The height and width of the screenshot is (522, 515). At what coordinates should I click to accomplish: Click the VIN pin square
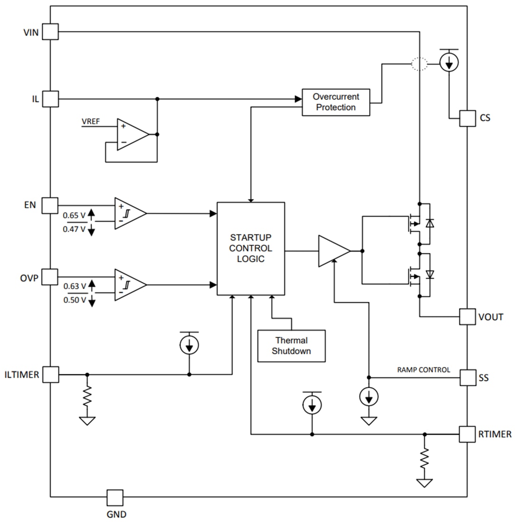(50, 32)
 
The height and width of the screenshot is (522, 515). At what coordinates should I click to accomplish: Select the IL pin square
(50, 99)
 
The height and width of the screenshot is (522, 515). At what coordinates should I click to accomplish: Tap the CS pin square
(467, 118)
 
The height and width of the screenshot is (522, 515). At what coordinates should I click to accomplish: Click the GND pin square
(114, 497)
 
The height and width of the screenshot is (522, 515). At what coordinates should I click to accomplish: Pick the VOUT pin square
(467, 317)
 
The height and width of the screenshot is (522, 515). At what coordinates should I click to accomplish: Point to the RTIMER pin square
(467, 434)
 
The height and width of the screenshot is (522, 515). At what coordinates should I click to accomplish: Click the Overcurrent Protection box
(336, 102)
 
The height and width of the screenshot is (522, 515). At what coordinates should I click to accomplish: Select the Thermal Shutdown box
(291, 346)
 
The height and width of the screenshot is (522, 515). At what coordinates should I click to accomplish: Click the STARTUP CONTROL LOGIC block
(251, 248)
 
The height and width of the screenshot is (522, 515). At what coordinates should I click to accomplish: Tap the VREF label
(91, 121)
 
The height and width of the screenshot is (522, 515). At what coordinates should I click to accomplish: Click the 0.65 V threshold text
(75, 215)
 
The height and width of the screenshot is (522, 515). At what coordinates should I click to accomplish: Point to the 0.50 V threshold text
(75, 300)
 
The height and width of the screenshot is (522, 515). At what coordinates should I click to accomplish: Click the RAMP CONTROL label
(423, 370)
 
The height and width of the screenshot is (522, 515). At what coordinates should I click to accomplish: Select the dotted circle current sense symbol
(419, 64)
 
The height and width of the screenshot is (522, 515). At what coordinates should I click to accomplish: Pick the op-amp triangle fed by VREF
(132, 134)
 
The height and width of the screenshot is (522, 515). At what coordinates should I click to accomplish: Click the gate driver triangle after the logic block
(333, 251)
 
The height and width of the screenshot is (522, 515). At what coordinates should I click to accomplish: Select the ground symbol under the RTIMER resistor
(424, 483)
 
